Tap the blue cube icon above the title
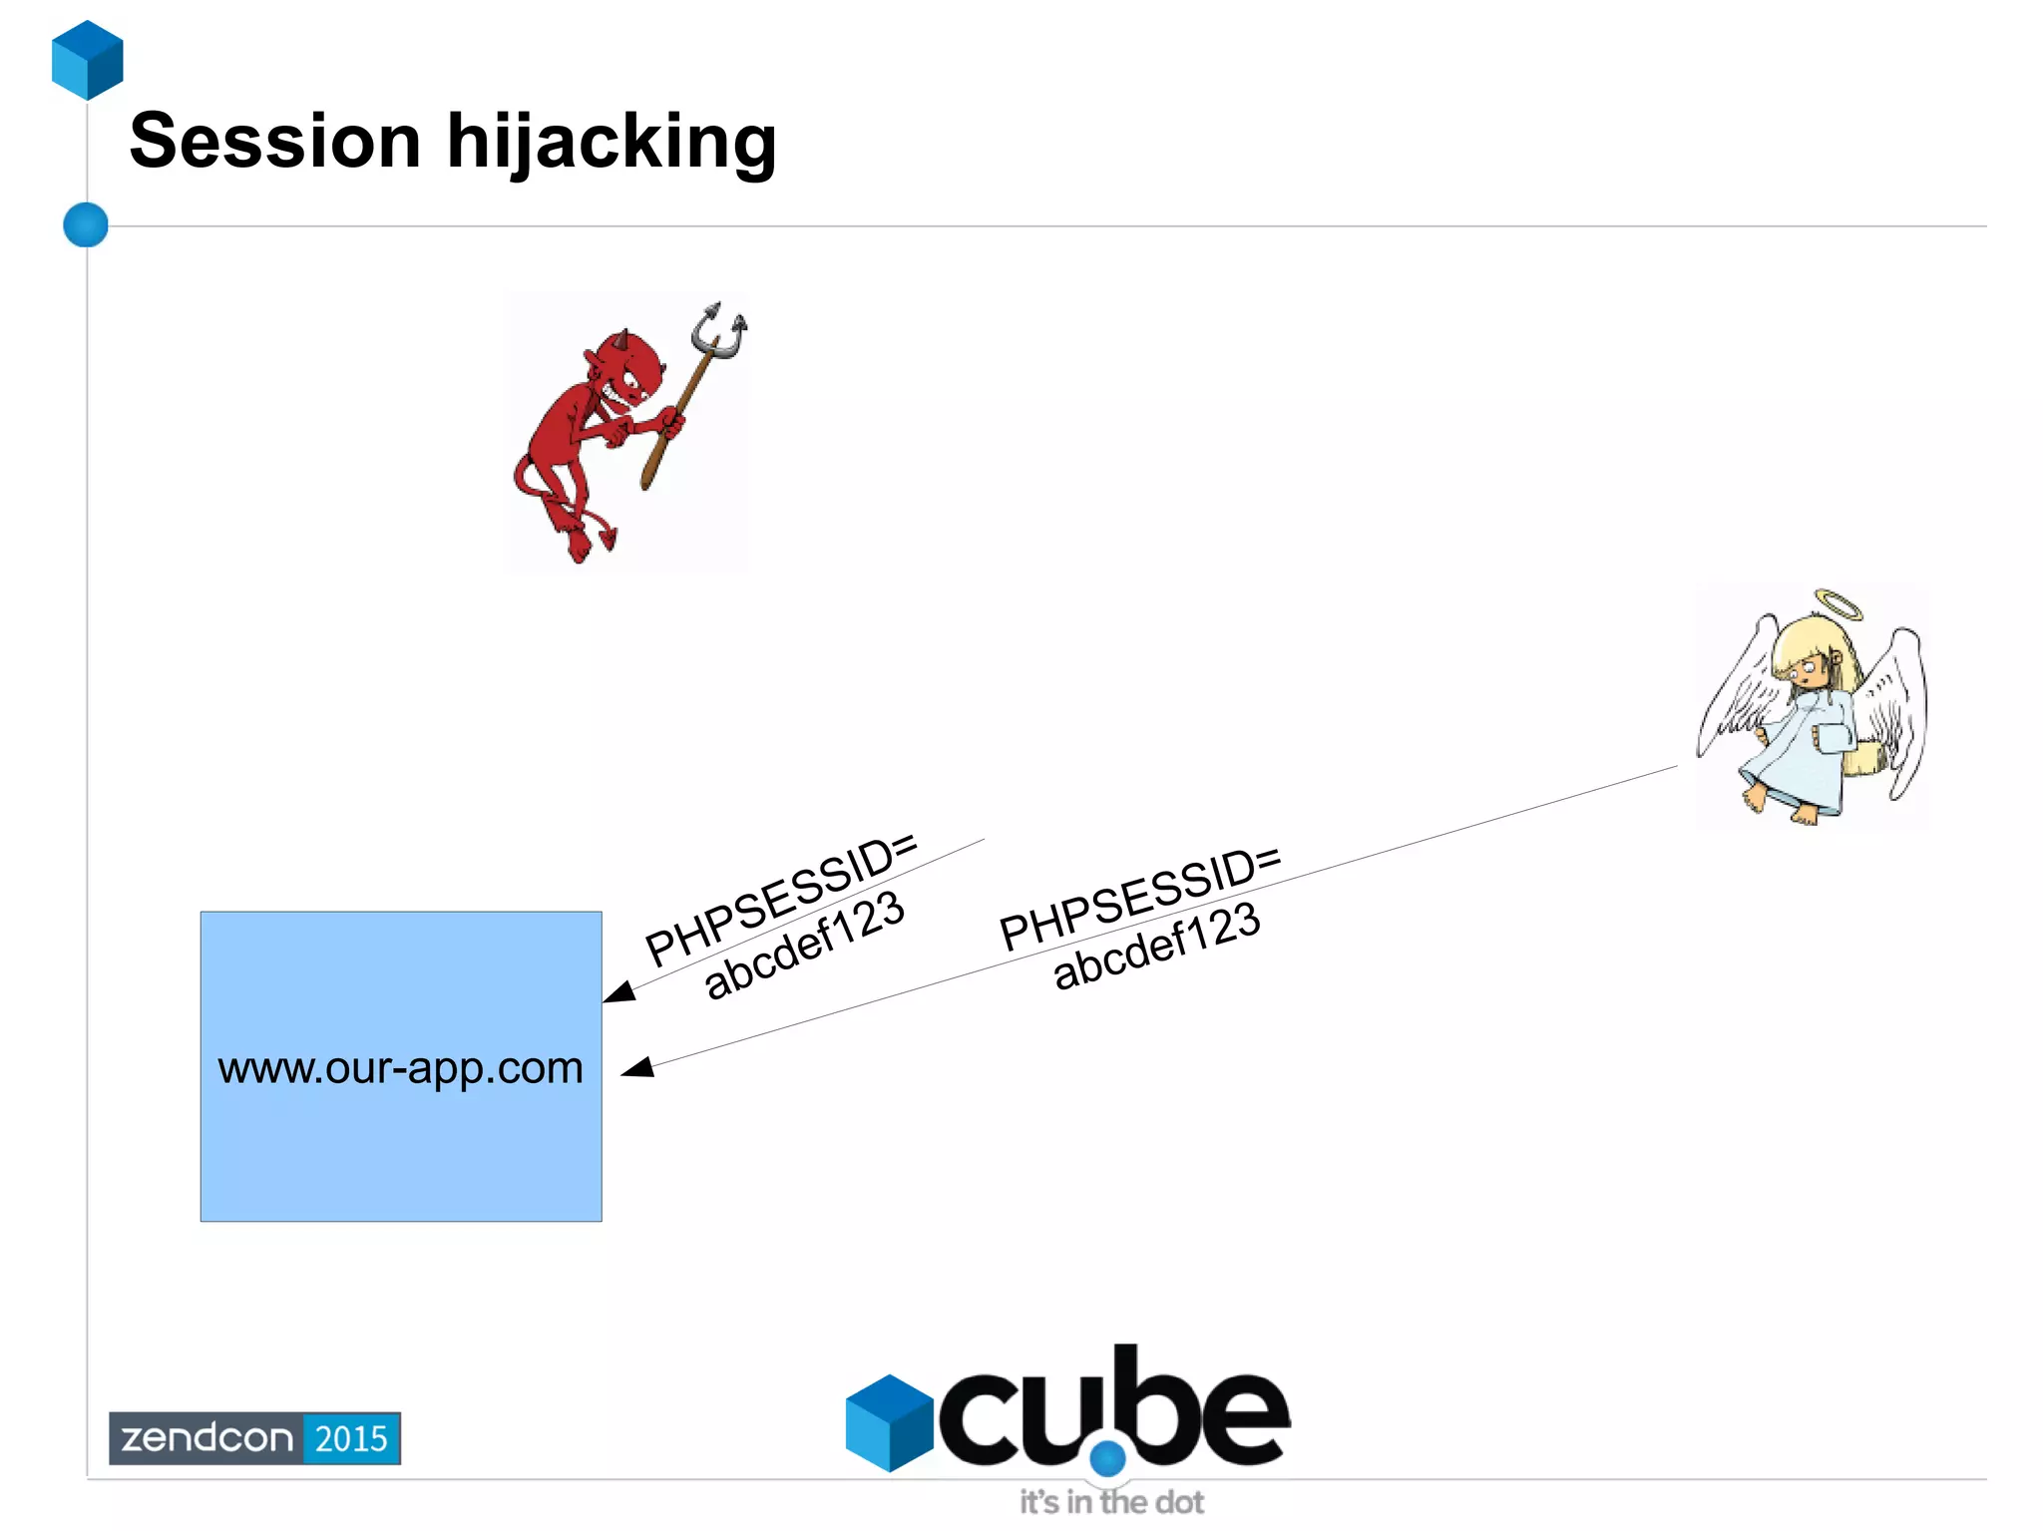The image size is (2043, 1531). pyautogui.click(x=88, y=60)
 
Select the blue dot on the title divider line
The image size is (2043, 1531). pyautogui.click(x=86, y=224)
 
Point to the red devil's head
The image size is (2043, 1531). pyautogui.click(x=628, y=369)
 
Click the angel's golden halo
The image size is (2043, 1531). pyautogui.click(x=1838, y=604)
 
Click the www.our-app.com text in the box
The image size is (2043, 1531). pyautogui.click(x=400, y=1068)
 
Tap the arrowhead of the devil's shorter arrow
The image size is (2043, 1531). pyautogui.click(x=618, y=991)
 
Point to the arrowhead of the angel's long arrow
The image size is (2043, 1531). pyautogui.click(x=637, y=1068)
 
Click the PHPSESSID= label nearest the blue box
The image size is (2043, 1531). pyautogui.click(x=780, y=900)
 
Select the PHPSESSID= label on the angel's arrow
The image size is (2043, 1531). pyautogui.click(x=1139, y=898)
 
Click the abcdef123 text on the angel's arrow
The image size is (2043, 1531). pyautogui.click(x=1157, y=946)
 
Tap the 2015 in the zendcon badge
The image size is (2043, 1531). pyautogui.click(x=351, y=1438)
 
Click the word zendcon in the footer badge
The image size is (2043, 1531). pyautogui.click(x=206, y=1438)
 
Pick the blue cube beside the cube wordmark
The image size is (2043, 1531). pyautogui.click(x=889, y=1422)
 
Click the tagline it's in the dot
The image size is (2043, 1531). pyautogui.click(x=1111, y=1502)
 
